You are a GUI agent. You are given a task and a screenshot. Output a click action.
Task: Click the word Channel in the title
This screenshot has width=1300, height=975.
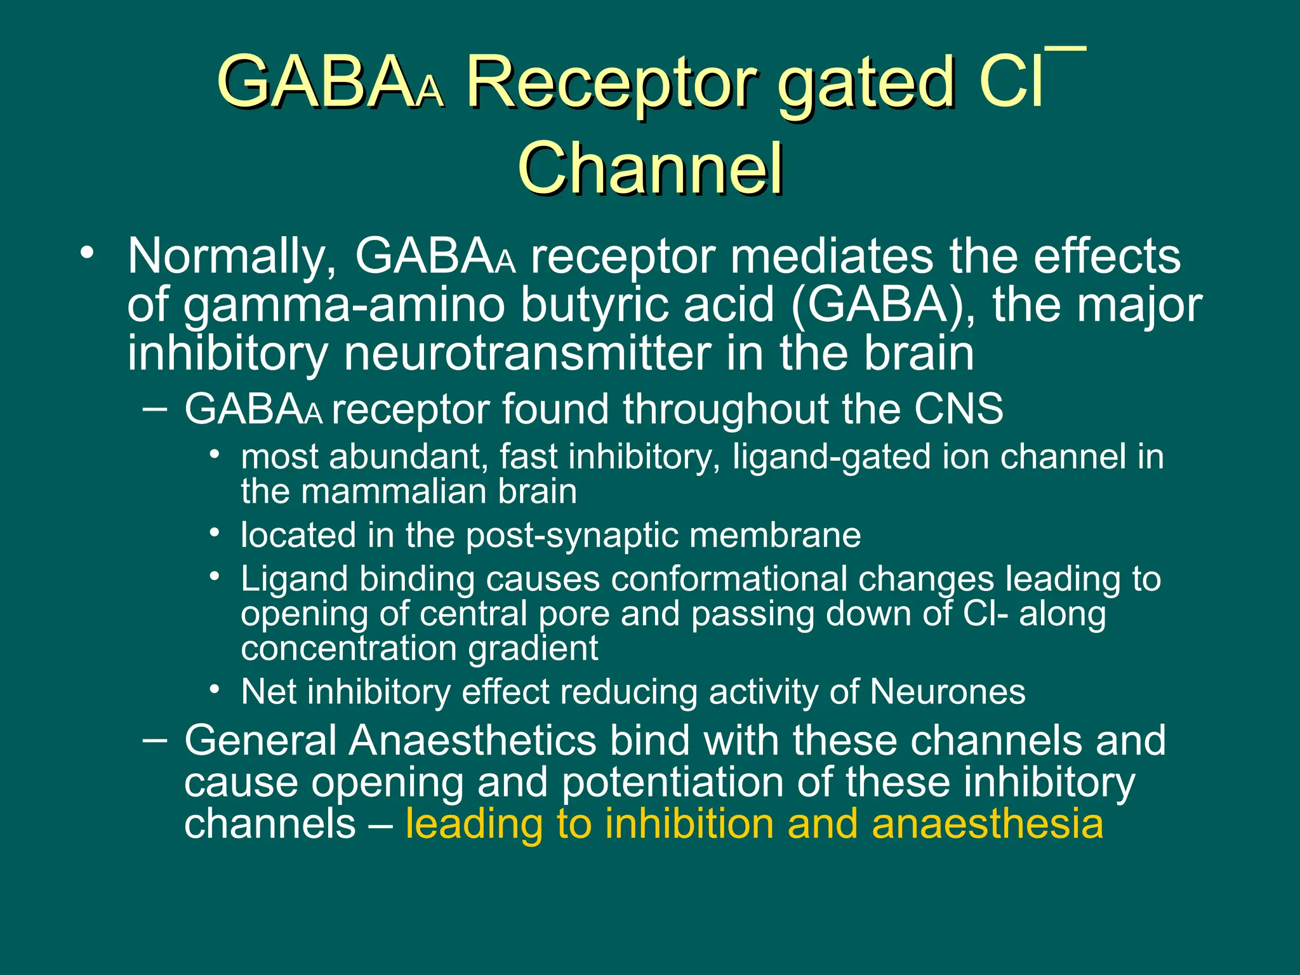tap(650, 168)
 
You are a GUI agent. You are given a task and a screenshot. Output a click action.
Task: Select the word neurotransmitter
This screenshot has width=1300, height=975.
tap(527, 354)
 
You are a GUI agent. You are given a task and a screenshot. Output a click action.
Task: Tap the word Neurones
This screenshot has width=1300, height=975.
tap(947, 692)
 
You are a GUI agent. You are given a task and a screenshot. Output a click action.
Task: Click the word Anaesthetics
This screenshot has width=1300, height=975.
tap(473, 741)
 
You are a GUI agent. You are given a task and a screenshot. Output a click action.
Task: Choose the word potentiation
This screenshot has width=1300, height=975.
tap(673, 782)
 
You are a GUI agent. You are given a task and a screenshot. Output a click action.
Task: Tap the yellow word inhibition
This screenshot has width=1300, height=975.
tap(689, 824)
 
